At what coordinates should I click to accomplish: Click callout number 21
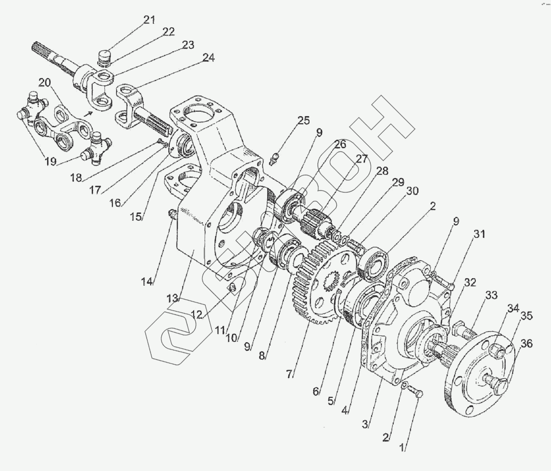[x=149, y=20]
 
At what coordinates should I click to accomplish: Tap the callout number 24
[x=208, y=58]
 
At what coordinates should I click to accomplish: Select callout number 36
[x=527, y=344]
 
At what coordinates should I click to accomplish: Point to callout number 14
[x=147, y=282]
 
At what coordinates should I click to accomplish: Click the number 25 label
[x=303, y=121]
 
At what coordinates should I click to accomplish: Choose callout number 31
[x=479, y=234]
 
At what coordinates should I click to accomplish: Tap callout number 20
[x=45, y=82]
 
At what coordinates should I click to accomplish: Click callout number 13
[x=172, y=298]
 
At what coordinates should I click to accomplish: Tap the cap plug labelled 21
[x=104, y=56]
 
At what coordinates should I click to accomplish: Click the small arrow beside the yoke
[x=89, y=113]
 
